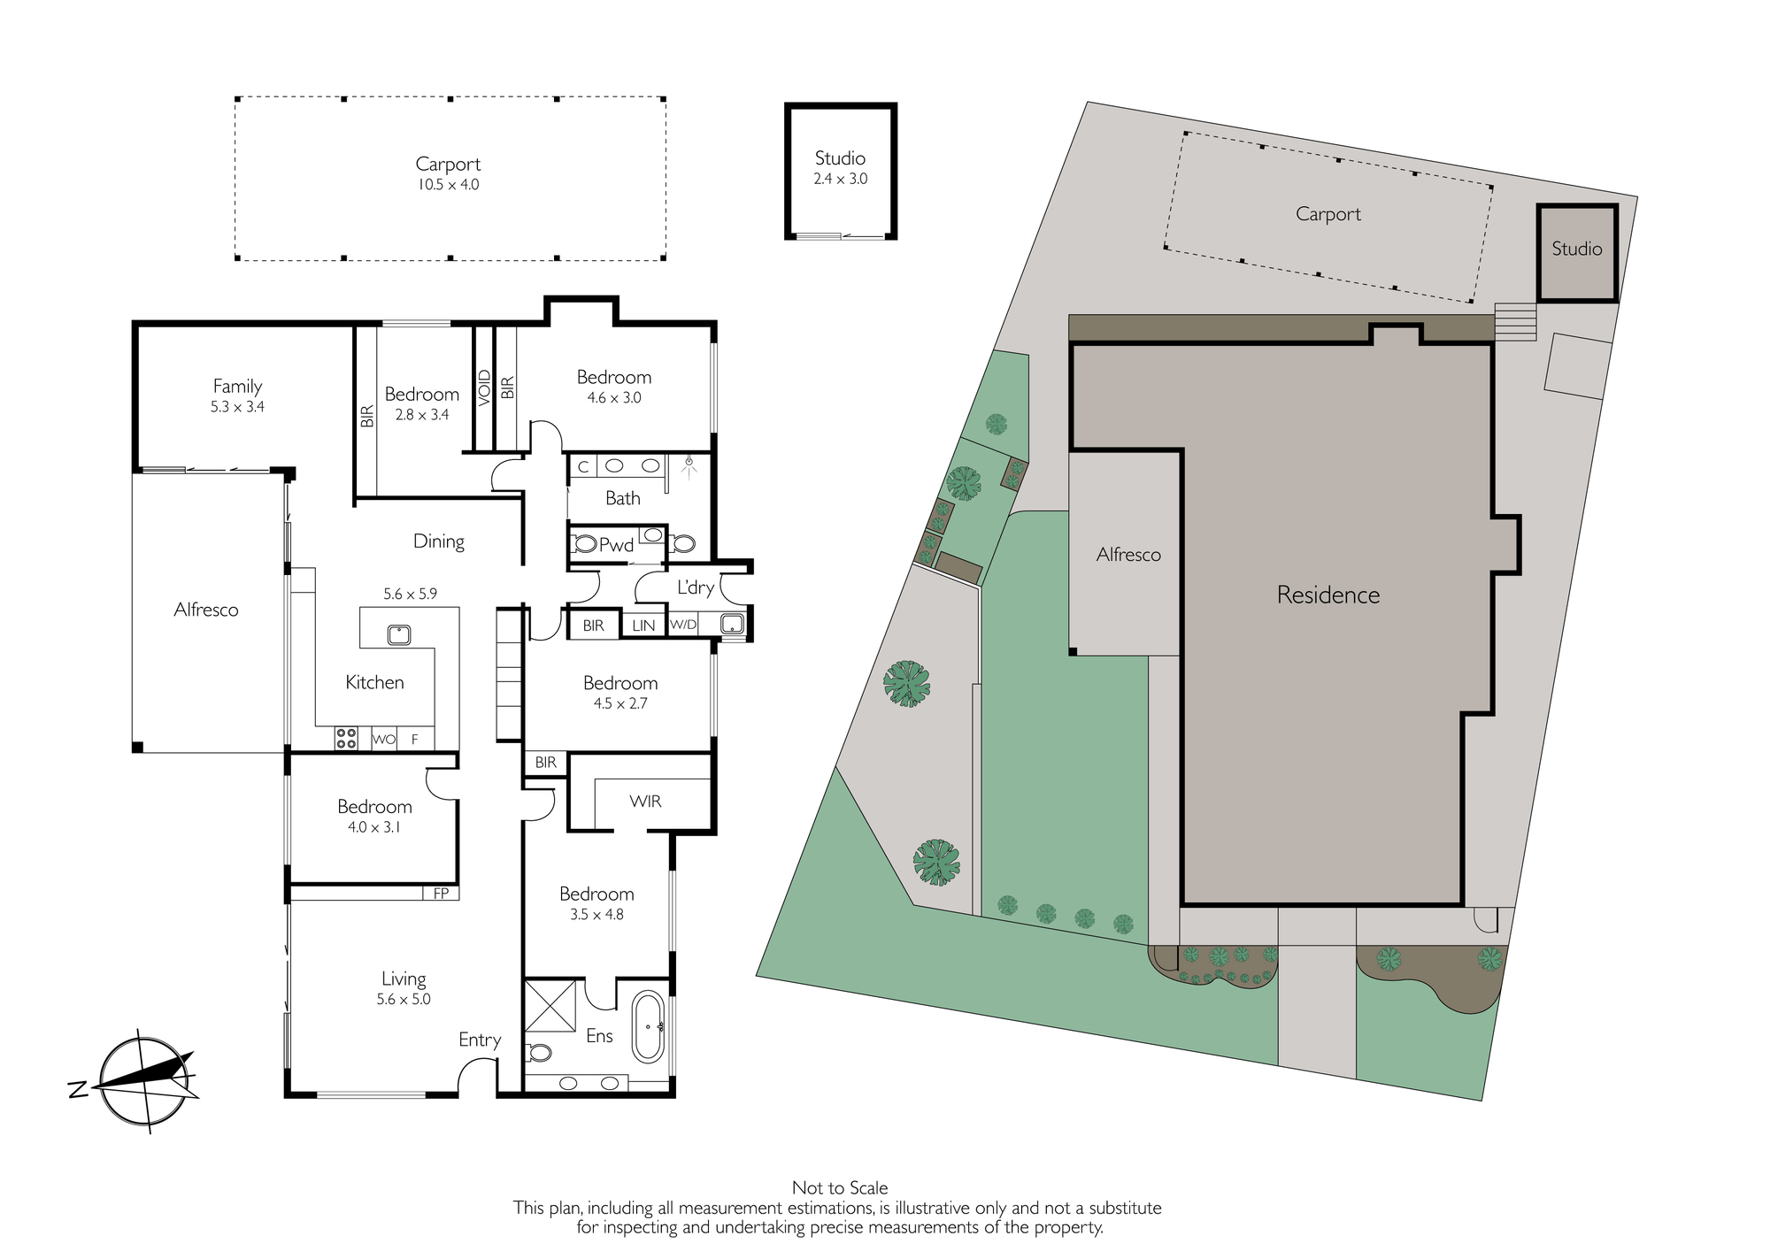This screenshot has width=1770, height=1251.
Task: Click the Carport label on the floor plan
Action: click(448, 165)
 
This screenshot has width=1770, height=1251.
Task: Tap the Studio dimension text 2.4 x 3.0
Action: click(841, 179)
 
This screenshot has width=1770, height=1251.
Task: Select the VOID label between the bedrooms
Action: click(484, 388)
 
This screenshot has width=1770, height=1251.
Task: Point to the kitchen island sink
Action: click(398, 634)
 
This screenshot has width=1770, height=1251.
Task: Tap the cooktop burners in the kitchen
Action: click(345, 738)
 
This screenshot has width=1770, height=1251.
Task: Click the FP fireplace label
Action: click(441, 894)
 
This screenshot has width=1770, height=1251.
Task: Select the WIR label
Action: click(645, 802)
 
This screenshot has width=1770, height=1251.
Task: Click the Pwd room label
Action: click(616, 545)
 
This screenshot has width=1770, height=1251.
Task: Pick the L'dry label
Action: click(696, 587)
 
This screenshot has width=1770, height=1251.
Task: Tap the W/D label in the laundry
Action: click(683, 625)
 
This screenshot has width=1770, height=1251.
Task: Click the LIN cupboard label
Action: click(643, 625)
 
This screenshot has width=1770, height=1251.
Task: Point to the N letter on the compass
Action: click(77, 1090)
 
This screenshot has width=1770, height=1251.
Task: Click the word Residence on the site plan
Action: click(1327, 595)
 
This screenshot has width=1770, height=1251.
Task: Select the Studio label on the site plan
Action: click(1577, 249)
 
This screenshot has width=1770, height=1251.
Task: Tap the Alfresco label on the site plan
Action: click(1128, 555)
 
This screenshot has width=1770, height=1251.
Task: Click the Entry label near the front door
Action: click(480, 1040)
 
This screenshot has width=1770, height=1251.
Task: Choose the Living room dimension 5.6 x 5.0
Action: click(404, 1000)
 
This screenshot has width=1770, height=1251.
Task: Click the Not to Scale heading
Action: click(840, 1188)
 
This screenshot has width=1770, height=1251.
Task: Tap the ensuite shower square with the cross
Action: click(550, 1005)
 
